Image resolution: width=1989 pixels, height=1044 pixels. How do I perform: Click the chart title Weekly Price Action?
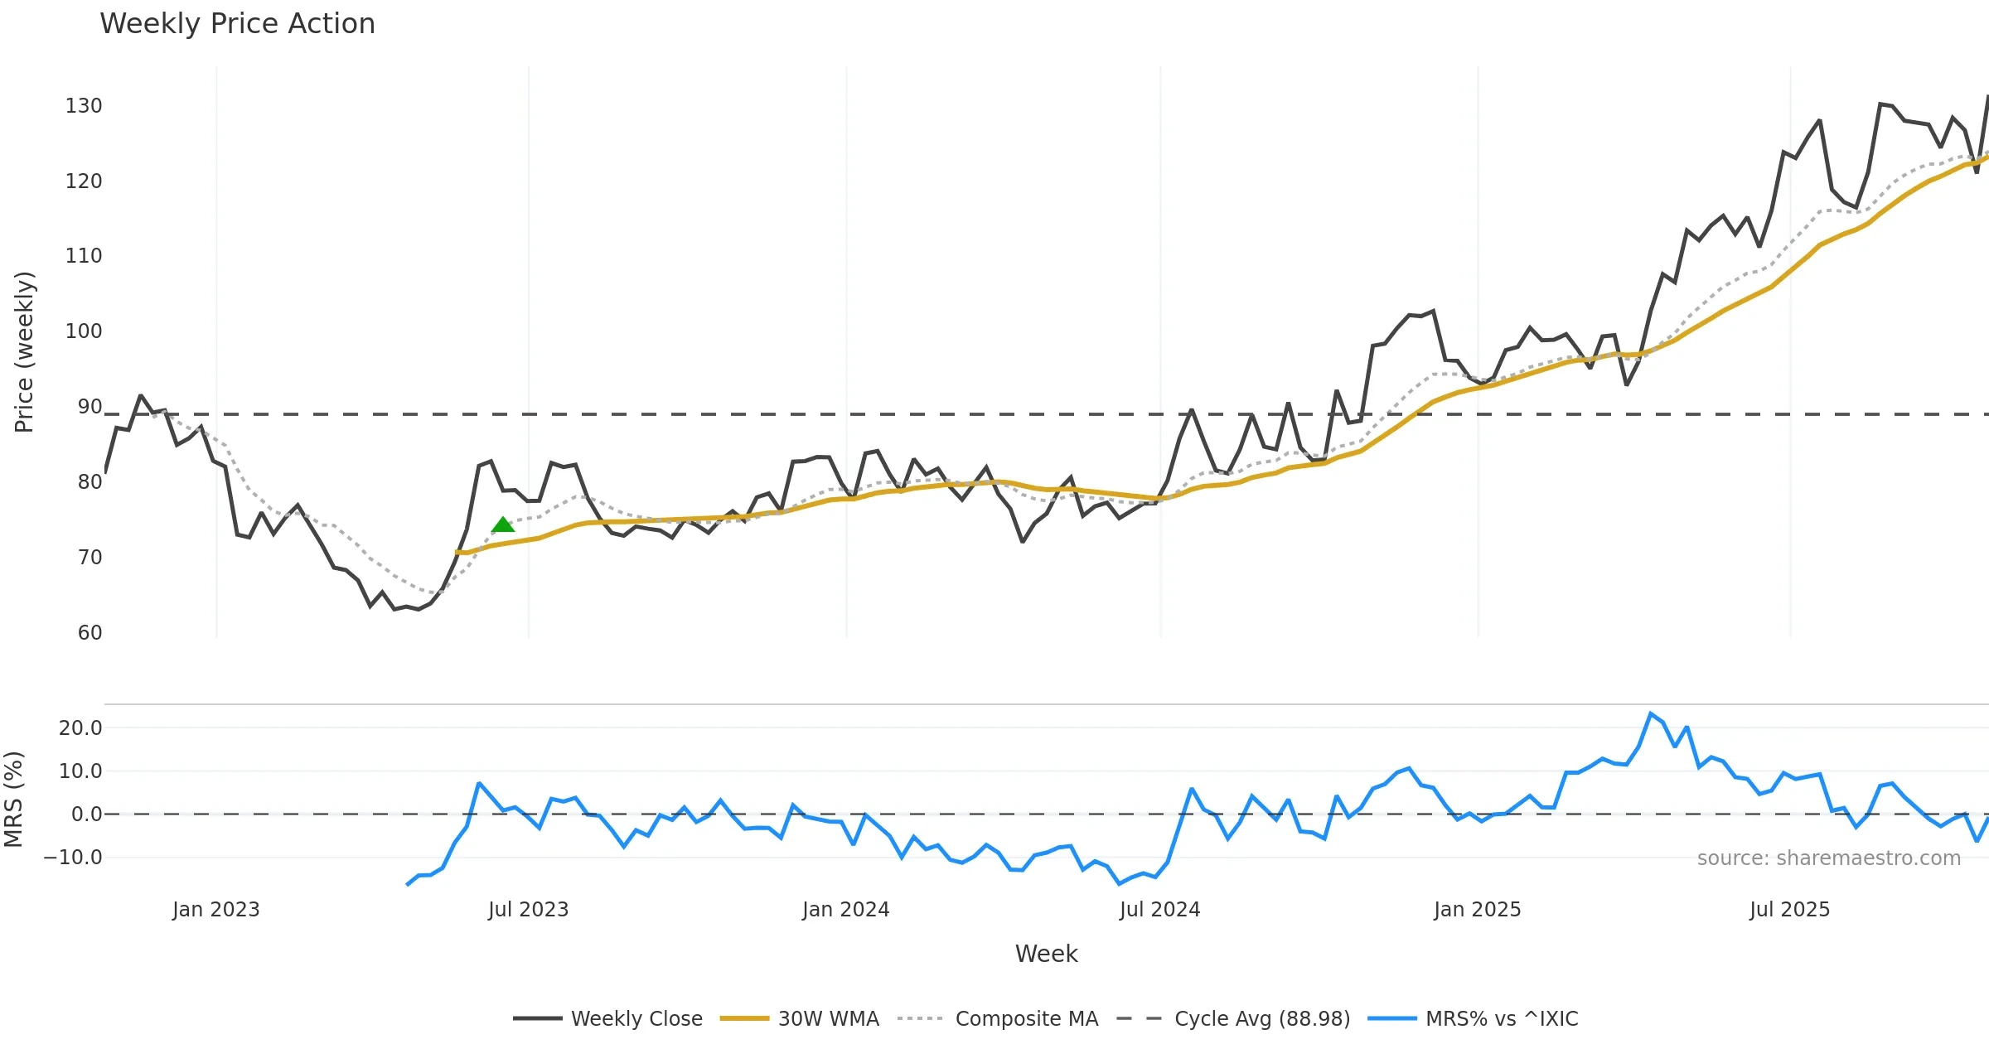pyautogui.click(x=237, y=24)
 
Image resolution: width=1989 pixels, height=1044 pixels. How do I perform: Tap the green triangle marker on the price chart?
pyautogui.click(x=503, y=524)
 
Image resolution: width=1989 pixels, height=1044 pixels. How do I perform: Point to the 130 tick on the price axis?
pyautogui.click(x=84, y=106)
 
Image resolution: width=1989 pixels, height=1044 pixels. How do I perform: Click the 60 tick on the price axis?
pyautogui.click(x=90, y=633)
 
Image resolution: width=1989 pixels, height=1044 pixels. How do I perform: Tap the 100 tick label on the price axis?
pyautogui.click(x=84, y=331)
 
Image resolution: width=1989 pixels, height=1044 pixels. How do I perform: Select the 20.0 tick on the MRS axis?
pyautogui.click(x=80, y=728)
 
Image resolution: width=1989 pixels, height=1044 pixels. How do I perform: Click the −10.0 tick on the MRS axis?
pyautogui.click(x=74, y=858)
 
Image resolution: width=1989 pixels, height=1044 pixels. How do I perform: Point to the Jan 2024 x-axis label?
pyautogui.click(x=845, y=910)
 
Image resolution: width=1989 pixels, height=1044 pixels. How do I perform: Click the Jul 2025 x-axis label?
pyautogui.click(x=1789, y=910)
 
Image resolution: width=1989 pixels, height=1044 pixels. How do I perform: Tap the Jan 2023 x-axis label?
pyautogui.click(x=215, y=910)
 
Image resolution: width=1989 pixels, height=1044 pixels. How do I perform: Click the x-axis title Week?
pyautogui.click(x=1046, y=955)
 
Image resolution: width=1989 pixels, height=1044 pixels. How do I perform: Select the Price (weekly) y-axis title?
pyautogui.click(x=25, y=352)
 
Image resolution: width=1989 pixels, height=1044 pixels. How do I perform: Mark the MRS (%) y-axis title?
pyautogui.click(x=14, y=800)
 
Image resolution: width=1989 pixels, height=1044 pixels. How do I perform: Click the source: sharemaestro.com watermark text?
pyautogui.click(x=1828, y=858)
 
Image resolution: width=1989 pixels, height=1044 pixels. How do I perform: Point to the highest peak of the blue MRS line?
pyautogui.click(x=1651, y=713)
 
